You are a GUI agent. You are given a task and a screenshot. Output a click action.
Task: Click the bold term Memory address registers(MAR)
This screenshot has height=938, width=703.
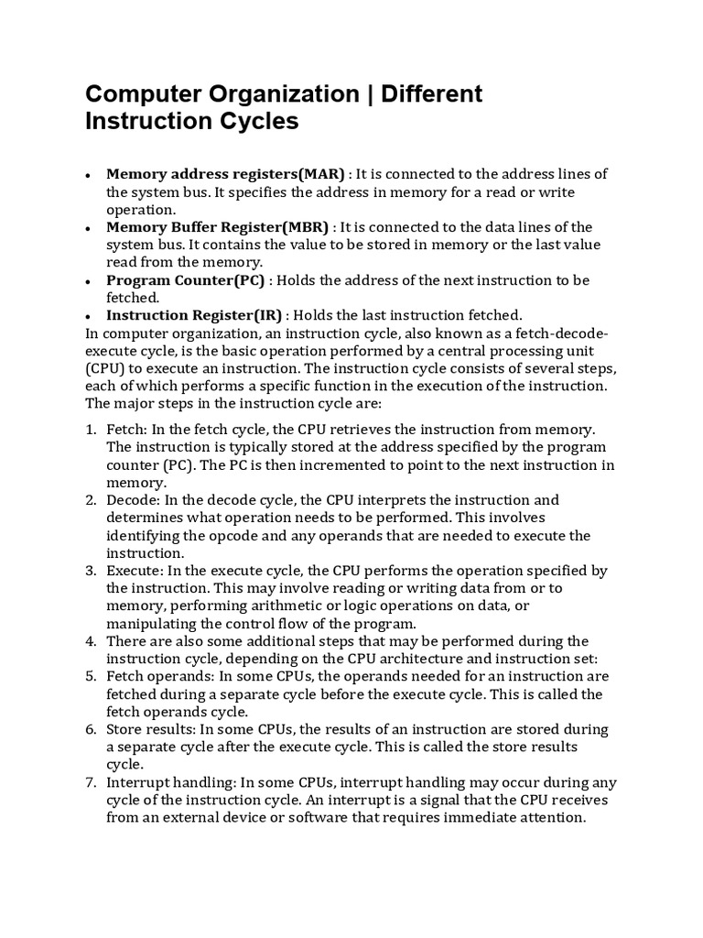coord(225,174)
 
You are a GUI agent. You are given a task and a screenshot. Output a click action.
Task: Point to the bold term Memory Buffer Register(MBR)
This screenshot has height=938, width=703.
coord(220,227)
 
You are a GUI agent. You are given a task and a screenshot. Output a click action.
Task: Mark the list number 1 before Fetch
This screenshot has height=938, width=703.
coord(91,430)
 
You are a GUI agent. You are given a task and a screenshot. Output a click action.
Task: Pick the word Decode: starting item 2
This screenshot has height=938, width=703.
coord(134,500)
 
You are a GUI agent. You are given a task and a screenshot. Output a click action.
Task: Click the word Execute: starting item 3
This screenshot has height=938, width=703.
coord(136,571)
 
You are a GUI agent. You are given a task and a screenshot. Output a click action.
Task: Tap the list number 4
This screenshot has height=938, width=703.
coord(91,641)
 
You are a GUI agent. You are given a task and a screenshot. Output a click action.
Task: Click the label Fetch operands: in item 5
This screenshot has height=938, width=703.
coord(158,676)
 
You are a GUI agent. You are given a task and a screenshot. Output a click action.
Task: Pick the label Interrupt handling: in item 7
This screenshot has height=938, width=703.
coord(168,782)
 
